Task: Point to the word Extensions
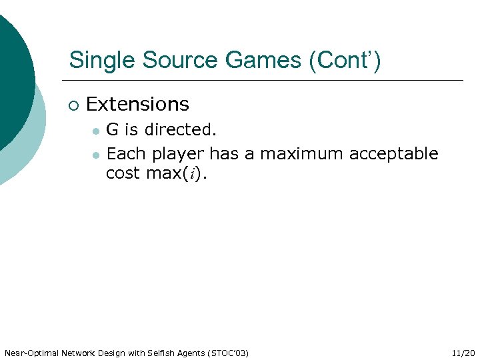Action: [137, 105]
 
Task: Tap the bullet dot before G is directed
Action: [96, 131]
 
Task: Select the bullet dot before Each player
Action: [96, 155]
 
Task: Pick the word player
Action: [179, 154]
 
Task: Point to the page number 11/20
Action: [463, 353]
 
